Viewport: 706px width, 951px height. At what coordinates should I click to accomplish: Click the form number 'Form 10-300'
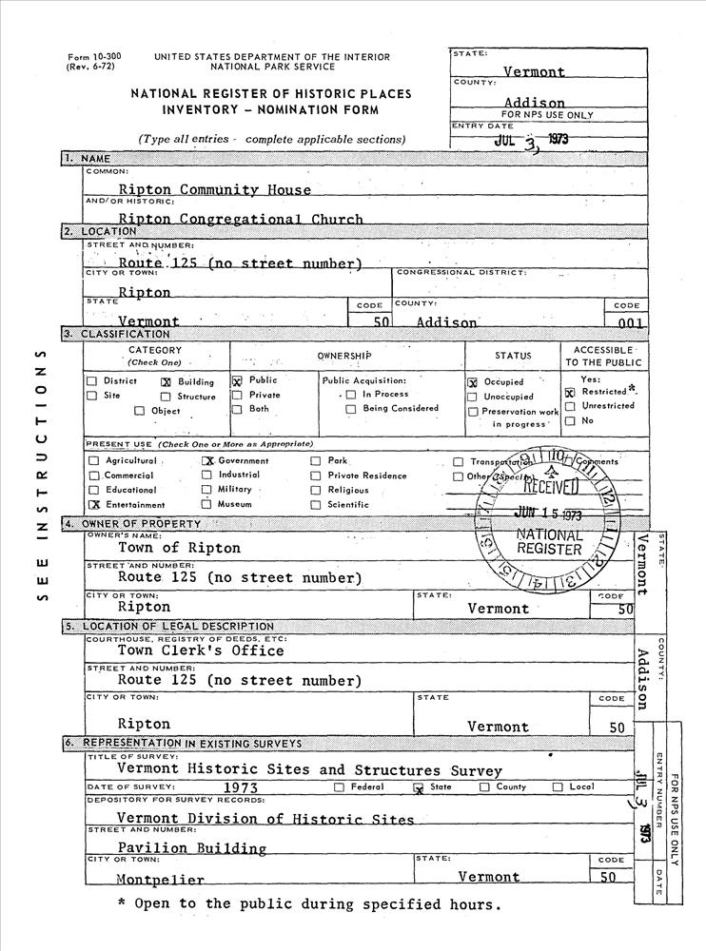87,57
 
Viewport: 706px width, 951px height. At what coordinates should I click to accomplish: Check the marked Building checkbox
166,382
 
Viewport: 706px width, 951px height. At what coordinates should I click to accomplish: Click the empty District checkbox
92,382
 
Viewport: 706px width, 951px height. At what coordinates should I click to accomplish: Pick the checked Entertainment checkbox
93,505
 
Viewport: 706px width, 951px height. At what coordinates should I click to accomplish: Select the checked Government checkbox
207,461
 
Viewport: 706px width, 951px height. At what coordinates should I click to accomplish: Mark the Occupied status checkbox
472,382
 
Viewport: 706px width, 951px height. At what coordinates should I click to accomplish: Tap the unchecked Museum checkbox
206,504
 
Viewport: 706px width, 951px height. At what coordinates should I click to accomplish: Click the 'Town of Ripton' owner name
179,548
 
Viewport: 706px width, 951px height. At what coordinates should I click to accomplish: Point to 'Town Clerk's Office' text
200,651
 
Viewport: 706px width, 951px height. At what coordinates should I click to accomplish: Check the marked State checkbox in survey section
418,787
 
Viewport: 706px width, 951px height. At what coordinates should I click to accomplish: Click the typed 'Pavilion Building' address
191,847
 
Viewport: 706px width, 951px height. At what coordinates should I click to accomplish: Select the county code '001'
629,322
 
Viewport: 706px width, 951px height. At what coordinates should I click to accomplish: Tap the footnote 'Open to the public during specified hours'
307,904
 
